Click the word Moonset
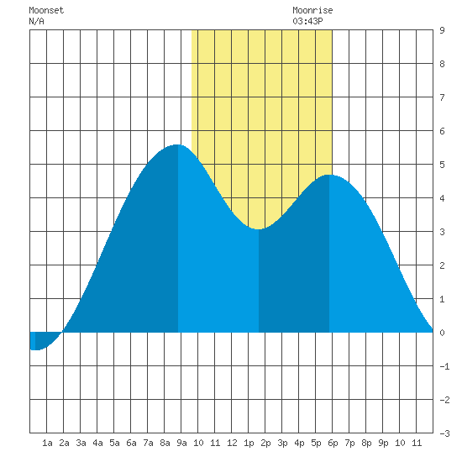pos(46,10)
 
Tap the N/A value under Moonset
pos(36,21)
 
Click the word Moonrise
pos(312,10)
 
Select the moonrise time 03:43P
pos(307,21)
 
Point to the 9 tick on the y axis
pos(442,30)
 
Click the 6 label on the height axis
pos(442,131)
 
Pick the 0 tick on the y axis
pos(442,333)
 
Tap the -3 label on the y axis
pos(444,433)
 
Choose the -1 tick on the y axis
pos(444,366)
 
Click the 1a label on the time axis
pos(47,443)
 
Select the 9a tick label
pos(181,443)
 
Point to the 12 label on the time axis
pos(232,443)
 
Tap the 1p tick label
pos(249,443)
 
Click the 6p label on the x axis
pos(333,443)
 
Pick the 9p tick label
pos(383,443)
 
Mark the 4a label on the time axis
pos(97,443)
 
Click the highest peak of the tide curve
pos(178,145)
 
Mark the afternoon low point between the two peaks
pos(259,229)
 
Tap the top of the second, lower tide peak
pos(329,175)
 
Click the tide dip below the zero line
pos(35,349)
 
